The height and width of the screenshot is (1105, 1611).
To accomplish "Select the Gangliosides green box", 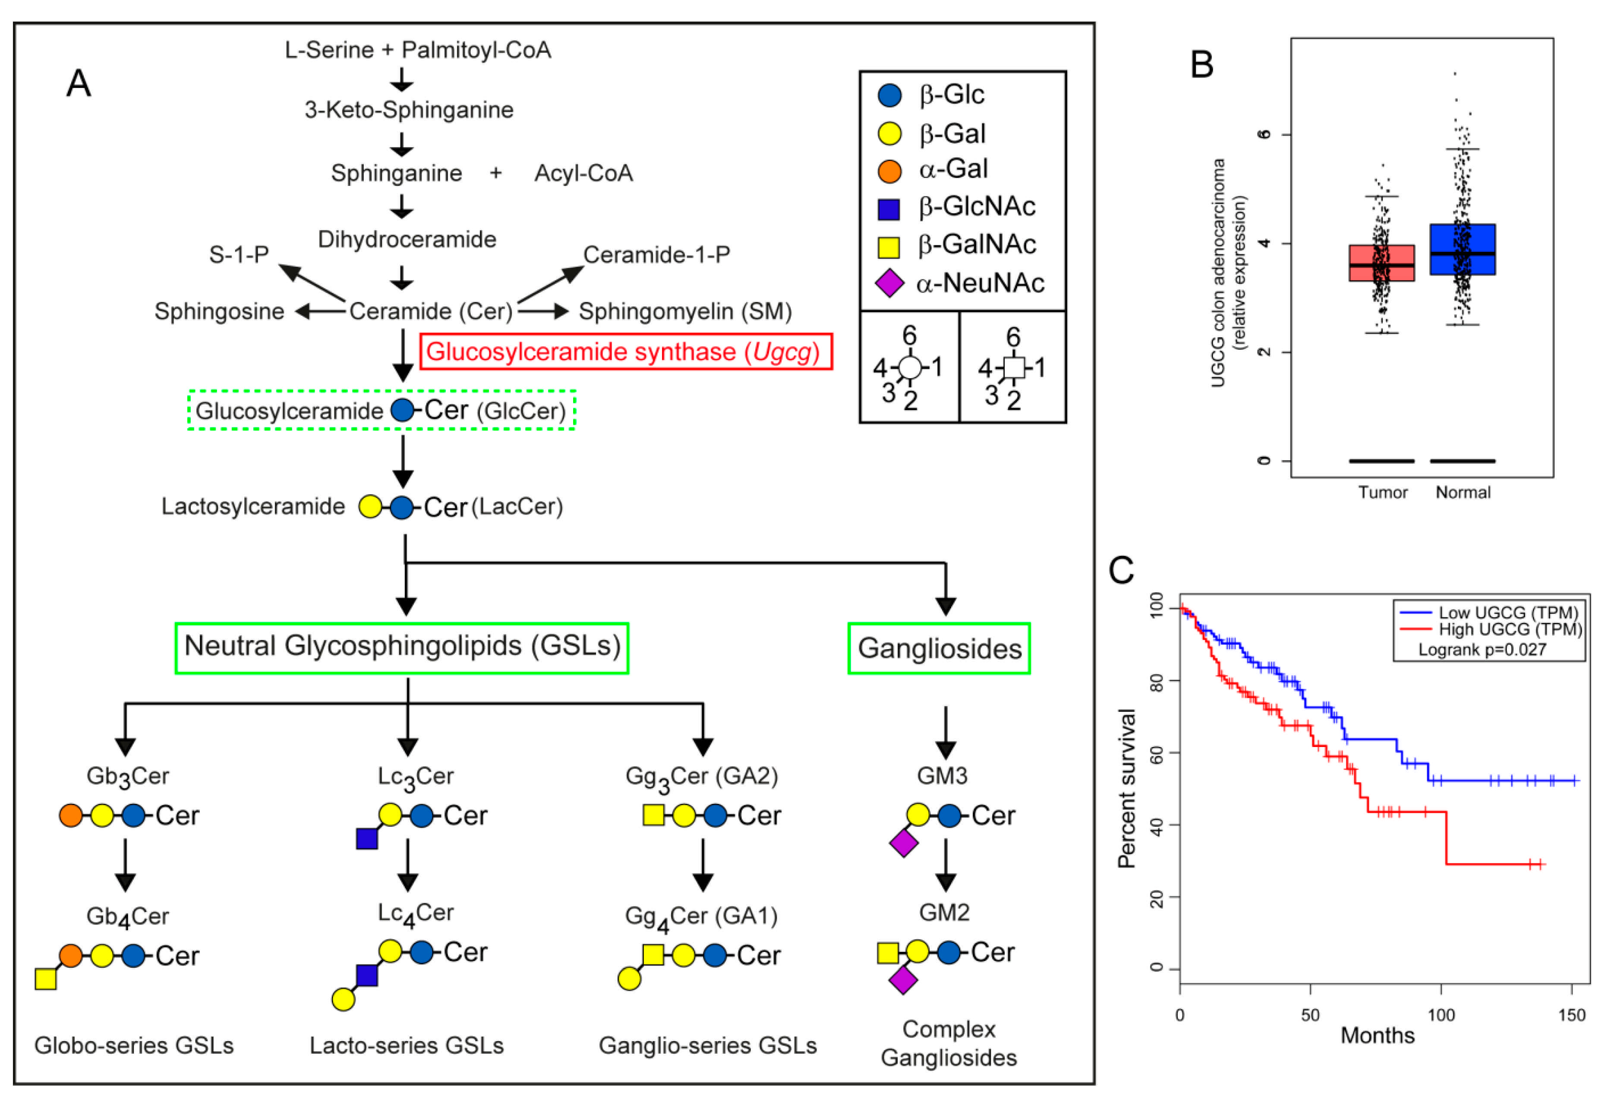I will tap(939, 648).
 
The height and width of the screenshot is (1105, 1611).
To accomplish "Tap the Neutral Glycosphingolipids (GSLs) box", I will tap(402, 647).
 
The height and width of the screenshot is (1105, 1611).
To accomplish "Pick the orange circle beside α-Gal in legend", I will tap(889, 170).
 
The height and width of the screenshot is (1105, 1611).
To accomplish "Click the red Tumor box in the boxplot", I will tap(1381, 263).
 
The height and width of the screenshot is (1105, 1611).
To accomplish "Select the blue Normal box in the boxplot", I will tap(1463, 249).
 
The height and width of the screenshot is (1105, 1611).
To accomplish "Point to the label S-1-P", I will tap(239, 255).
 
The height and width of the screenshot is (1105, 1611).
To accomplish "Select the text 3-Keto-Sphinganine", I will tap(409, 110).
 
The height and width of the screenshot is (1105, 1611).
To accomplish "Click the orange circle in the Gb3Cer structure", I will tap(71, 816).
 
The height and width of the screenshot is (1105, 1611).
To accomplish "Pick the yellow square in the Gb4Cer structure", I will tap(46, 979).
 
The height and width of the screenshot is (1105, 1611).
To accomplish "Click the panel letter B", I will tap(1202, 64).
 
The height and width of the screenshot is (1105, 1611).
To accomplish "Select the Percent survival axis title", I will tap(1126, 788).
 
